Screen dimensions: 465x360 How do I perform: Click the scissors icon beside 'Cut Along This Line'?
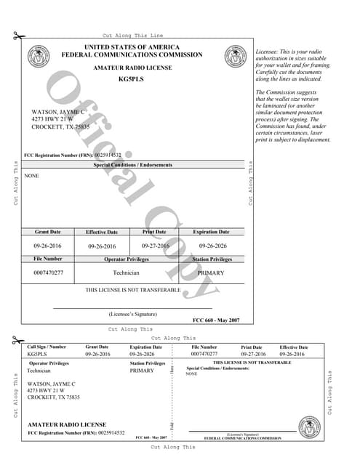[x=17, y=36]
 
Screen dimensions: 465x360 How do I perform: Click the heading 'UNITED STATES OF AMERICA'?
[x=132, y=47]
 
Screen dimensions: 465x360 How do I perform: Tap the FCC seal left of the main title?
[x=35, y=55]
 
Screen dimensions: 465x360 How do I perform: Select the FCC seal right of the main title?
[x=235, y=55]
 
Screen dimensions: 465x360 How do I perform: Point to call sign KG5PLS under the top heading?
[x=132, y=78]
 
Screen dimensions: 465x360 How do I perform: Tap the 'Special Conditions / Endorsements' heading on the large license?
[x=133, y=165]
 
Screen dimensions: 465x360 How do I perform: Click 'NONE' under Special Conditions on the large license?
[x=32, y=176]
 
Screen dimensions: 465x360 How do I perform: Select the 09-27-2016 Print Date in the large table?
[x=154, y=246]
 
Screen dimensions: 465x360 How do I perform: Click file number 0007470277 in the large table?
[x=48, y=272]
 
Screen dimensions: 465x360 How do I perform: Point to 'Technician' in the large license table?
[x=127, y=272]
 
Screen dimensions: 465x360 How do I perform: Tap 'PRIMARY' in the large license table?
[x=211, y=272]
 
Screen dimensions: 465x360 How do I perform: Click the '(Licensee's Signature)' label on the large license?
[x=133, y=314]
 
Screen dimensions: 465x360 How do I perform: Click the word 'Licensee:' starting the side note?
[x=269, y=52]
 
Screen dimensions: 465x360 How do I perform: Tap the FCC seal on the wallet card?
[x=308, y=426]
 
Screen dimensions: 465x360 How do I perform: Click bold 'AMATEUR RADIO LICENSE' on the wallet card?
[x=67, y=424]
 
